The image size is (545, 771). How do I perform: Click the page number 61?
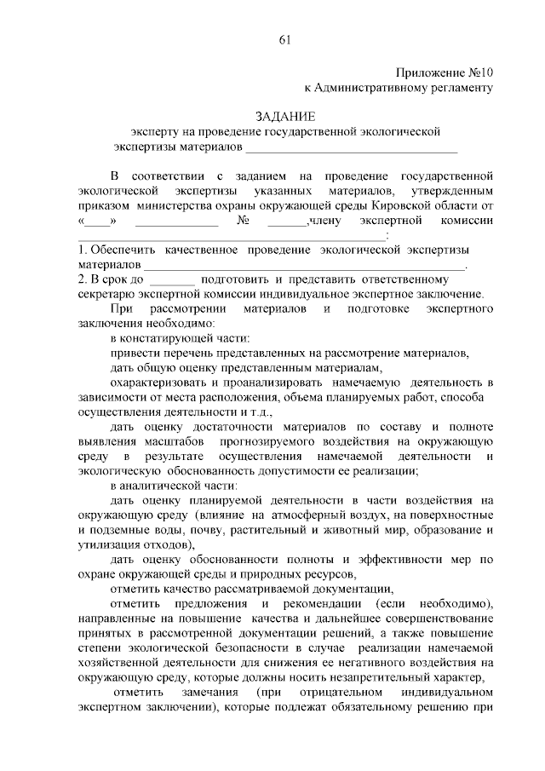pos(285,39)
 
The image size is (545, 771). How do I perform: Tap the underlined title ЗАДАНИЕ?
pos(285,117)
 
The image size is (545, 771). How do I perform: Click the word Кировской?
pos(393,205)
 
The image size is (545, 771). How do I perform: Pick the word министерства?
pos(183,205)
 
